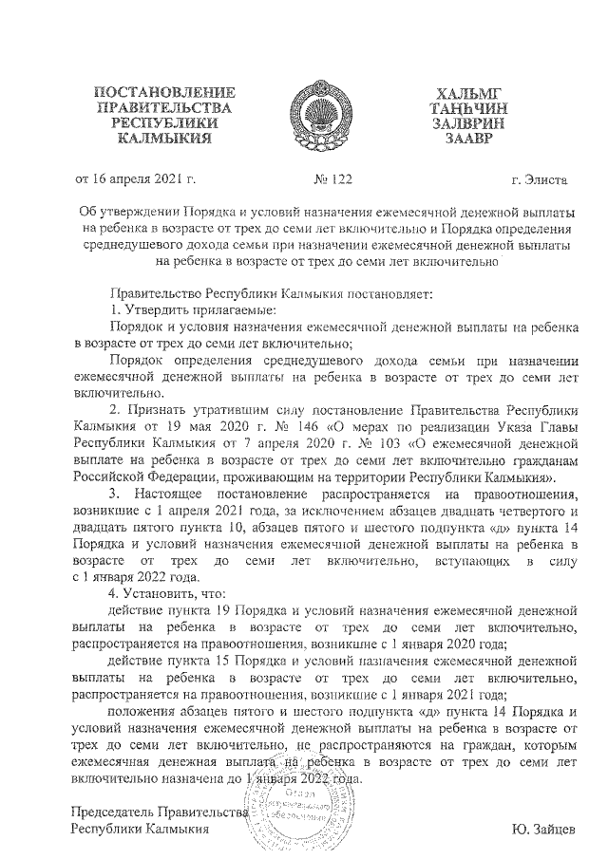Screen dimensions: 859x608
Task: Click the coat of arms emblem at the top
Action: tap(304, 113)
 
